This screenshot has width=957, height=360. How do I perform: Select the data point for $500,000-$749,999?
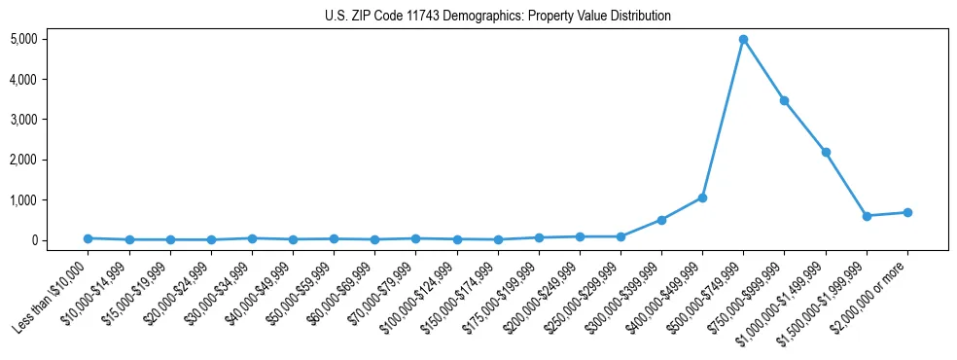743,40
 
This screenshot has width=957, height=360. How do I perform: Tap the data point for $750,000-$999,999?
784,100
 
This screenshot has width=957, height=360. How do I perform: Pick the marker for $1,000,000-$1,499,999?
826,152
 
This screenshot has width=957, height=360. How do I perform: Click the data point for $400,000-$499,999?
702,198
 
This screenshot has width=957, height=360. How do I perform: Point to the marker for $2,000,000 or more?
907,212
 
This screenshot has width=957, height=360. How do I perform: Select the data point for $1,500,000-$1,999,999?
867,216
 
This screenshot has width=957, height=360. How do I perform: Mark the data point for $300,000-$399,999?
661,220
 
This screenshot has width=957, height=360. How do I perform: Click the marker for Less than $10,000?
89,238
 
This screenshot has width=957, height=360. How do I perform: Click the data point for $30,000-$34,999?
252,238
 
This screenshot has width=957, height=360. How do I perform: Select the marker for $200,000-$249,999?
580,236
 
